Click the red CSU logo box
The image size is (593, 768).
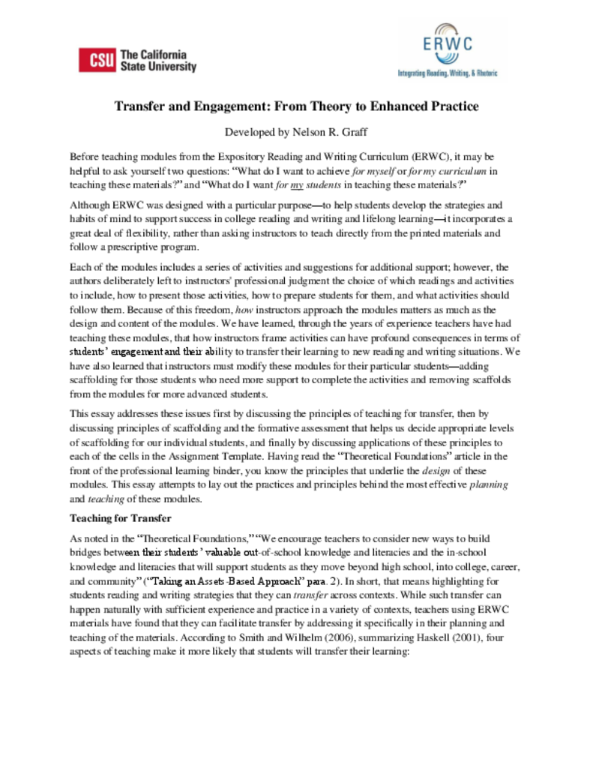pyautogui.click(x=97, y=61)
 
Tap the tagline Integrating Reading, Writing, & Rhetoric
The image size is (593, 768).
pyautogui.click(x=447, y=74)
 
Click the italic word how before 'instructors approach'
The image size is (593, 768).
pyautogui.click(x=244, y=308)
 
